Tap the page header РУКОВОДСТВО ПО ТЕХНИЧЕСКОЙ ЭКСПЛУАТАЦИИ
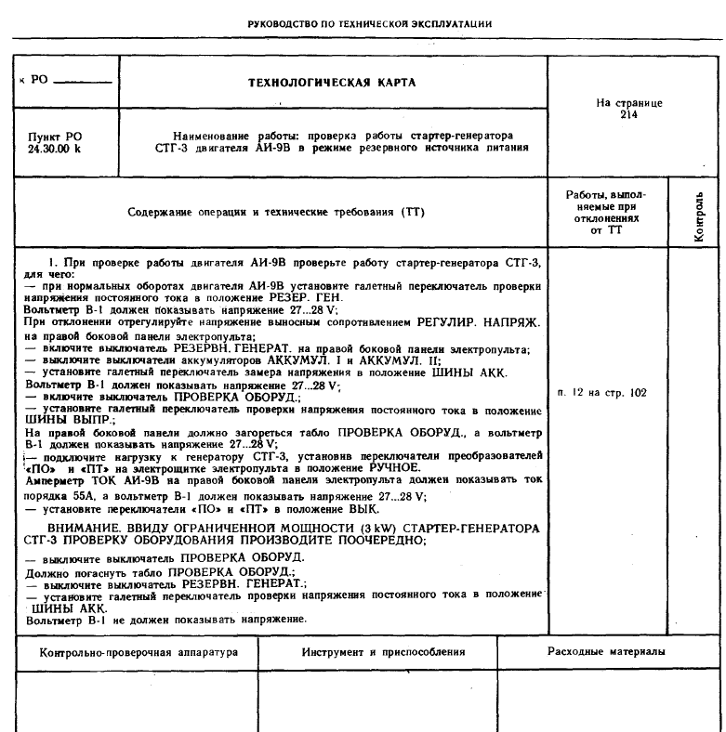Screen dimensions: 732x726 [x=363, y=23]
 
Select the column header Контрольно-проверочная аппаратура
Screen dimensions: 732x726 [x=132, y=652]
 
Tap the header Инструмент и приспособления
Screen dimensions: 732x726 [x=383, y=652]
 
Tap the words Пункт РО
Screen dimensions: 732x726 [x=55, y=136]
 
